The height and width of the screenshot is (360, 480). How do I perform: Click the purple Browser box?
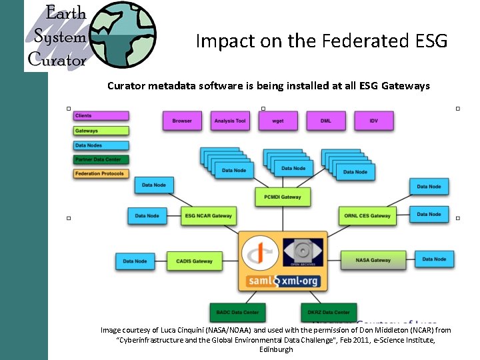(182, 121)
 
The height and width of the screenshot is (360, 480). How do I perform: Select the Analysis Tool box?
(230, 121)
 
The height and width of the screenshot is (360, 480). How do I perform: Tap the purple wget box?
(278, 121)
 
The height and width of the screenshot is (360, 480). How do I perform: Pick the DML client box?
(325, 121)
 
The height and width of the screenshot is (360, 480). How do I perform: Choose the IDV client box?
(374, 121)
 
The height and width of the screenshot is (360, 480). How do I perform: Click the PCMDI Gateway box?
(283, 197)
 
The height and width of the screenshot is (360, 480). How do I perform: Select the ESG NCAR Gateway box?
(209, 215)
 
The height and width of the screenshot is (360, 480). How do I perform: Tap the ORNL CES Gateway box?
(367, 215)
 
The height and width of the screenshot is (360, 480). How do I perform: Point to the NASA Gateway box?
(373, 260)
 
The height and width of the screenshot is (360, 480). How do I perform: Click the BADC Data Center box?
(237, 312)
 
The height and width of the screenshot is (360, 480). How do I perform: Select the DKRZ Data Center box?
(328, 312)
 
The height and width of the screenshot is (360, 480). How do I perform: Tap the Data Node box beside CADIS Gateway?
(135, 261)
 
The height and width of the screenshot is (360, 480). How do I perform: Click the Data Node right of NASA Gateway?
(434, 259)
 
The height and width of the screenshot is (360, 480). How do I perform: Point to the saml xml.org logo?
(283, 281)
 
